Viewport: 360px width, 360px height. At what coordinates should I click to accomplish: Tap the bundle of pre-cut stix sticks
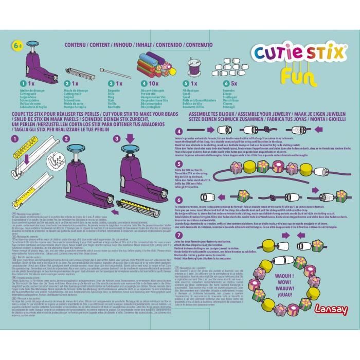coord(148,66)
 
